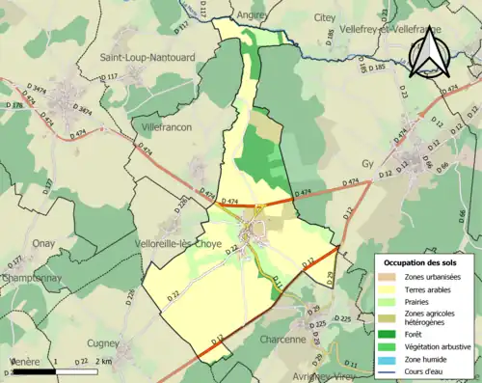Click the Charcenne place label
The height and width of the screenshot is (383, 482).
click(282, 340)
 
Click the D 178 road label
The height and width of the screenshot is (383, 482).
click(13, 104)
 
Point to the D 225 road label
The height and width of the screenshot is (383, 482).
click(342, 318)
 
